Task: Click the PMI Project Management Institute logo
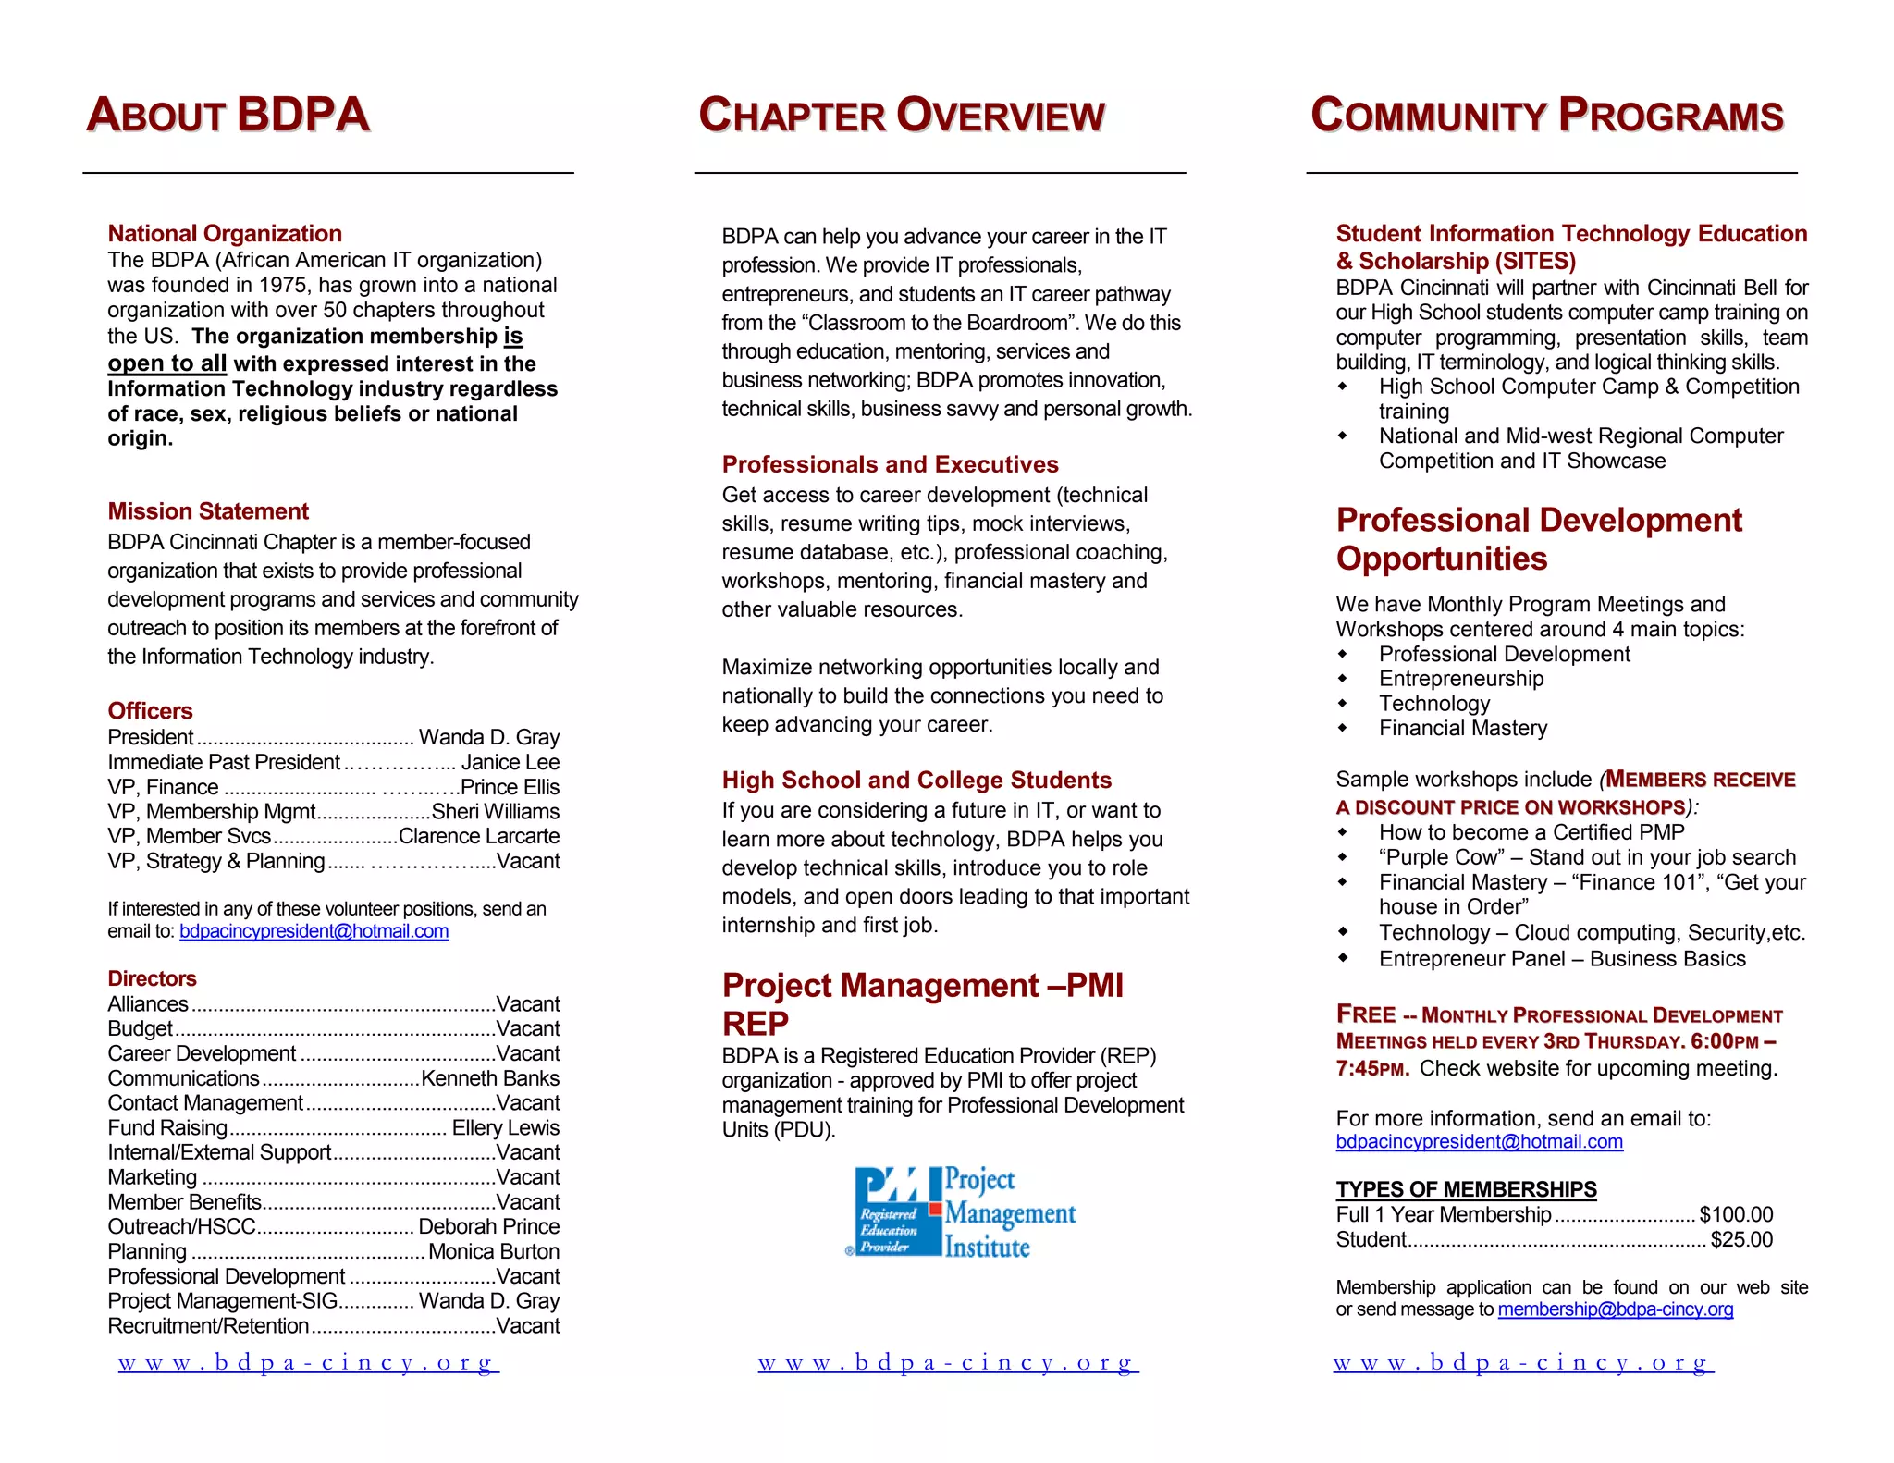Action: point(962,1211)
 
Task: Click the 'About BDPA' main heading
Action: point(228,116)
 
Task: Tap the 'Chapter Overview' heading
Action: point(902,117)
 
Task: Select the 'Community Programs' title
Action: point(1546,117)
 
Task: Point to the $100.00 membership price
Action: point(1736,1214)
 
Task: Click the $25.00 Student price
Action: point(1741,1239)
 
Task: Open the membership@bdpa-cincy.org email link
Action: point(1615,1309)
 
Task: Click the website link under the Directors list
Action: point(308,1362)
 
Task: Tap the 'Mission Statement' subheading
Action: point(208,511)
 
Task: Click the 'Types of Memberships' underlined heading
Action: point(1466,1189)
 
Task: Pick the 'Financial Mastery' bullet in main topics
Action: point(1462,729)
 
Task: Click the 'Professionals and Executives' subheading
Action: point(890,464)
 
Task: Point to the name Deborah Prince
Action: point(488,1227)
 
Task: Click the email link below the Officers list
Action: point(314,931)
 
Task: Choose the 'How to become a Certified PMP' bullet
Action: point(1531,832)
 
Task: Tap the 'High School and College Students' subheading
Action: point(916,780)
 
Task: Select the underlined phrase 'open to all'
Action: point(166,363)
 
